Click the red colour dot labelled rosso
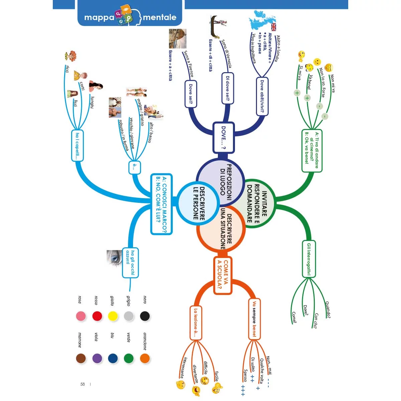point(97,316)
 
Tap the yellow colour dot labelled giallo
point(113,316)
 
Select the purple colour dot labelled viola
point(97,359)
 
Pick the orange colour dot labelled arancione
point(145,359)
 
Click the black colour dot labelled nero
point(145,316)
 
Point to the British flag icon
point(274,27)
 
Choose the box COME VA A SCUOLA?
point(223,275)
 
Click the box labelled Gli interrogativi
point(309,259)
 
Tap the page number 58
point(83,384)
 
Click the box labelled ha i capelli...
point(77,146)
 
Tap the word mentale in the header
point(159,17)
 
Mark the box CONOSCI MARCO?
point(161,204)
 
